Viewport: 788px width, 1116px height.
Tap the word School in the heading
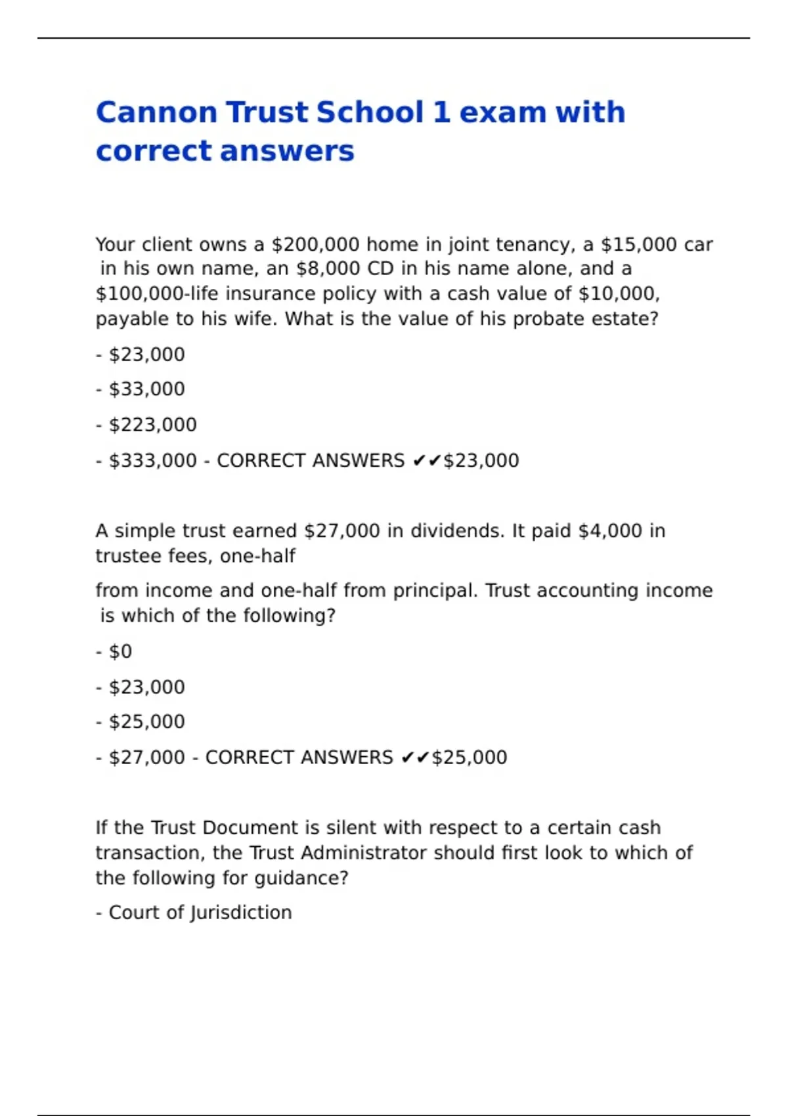370,112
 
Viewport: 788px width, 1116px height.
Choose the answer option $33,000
146,389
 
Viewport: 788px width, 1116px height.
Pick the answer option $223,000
152,425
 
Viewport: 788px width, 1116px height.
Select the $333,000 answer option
152,461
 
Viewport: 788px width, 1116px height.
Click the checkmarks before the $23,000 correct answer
427,461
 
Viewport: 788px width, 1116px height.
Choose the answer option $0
120,652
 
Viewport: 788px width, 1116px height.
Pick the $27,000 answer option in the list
146,758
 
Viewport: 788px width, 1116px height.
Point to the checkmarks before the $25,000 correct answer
415,758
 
